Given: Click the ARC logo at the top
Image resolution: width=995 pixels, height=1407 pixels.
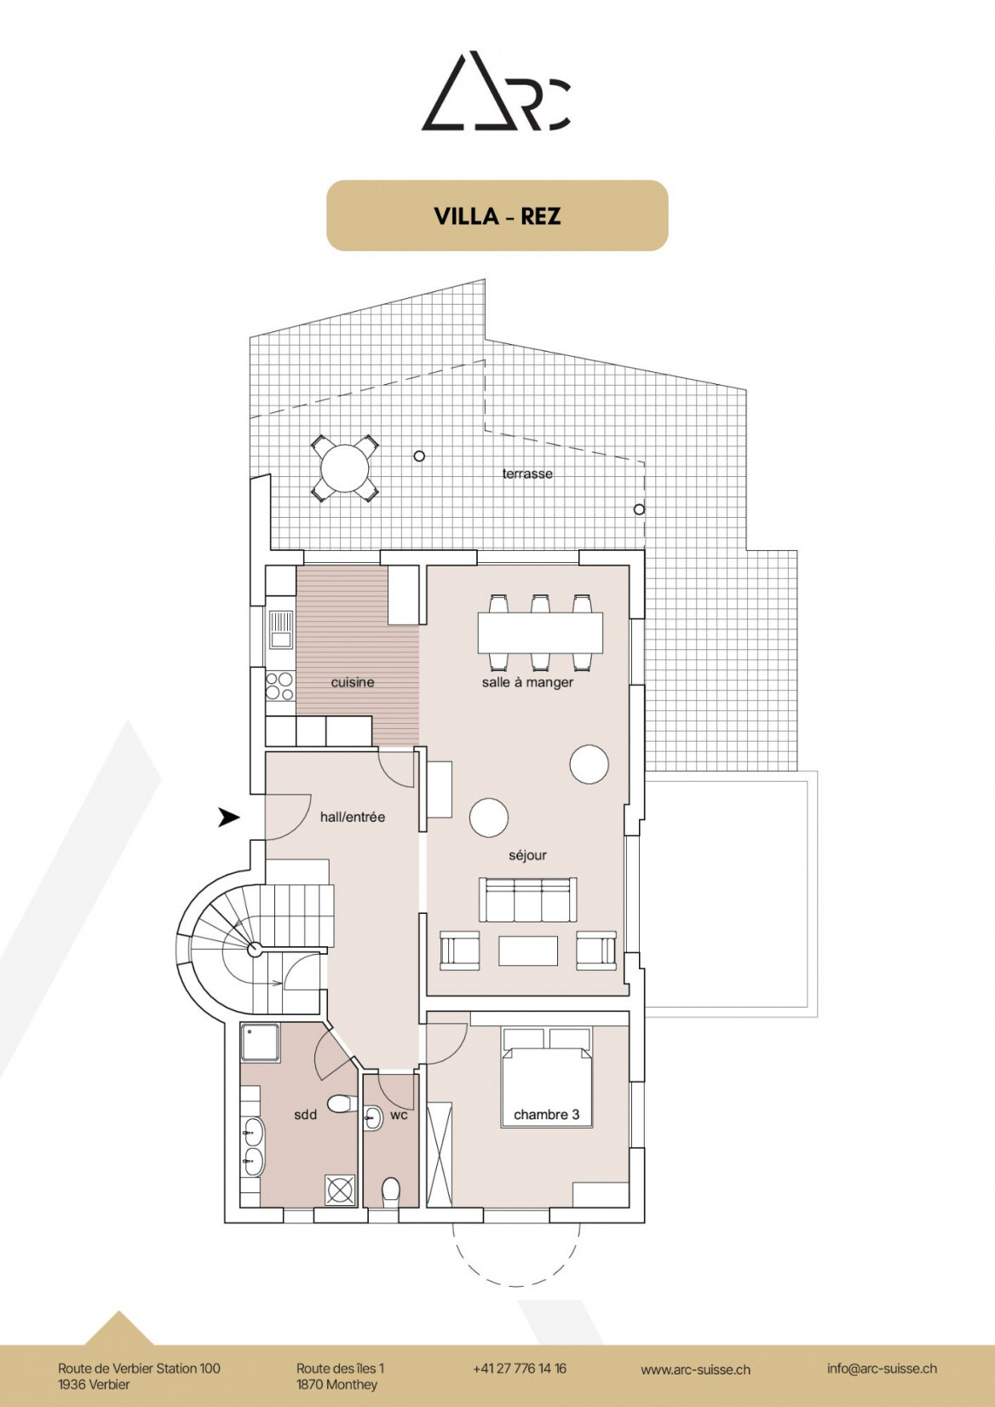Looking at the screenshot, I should click(x=497, y=92).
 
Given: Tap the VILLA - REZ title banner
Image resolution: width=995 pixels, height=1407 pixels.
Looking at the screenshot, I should click(x=497, y=215).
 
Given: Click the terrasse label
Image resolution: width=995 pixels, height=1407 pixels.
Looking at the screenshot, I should click(x=527, y=474).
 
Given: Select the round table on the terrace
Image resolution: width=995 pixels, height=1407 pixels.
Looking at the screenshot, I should click(x=345, y=468).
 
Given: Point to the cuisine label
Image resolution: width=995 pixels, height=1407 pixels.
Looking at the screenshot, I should click(x=353, y=682).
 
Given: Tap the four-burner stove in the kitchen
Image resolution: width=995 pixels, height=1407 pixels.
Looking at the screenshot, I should click(x=279, y=686).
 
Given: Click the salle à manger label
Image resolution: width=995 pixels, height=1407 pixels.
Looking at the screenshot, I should click(x=527, y=682).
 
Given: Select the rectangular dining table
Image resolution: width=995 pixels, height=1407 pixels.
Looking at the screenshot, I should click(x=540, y=633).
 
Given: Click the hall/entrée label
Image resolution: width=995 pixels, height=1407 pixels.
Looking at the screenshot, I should click(x=353, y=817).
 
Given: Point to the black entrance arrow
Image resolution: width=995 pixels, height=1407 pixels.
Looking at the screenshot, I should click(x=228, y=817).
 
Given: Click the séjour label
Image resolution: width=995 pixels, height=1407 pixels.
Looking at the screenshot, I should click(x=527, y=855).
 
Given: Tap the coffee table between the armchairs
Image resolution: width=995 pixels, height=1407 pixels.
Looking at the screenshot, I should click(x=528, y=950).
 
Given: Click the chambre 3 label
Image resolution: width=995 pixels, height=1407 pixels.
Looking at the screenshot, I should click(x=546, y=1114).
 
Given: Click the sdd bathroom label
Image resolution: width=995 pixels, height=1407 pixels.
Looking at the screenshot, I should click(x=305, y=1114).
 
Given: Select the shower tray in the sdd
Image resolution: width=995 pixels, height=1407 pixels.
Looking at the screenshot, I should click(x=260, y=1042).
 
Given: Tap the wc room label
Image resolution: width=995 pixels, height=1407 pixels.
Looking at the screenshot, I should click(x=399, y=1114).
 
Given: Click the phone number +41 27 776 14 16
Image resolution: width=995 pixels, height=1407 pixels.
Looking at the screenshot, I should click(x=520, y=1369).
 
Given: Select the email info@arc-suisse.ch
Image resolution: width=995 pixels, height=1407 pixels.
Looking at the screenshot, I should click(x=882, y=1369).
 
